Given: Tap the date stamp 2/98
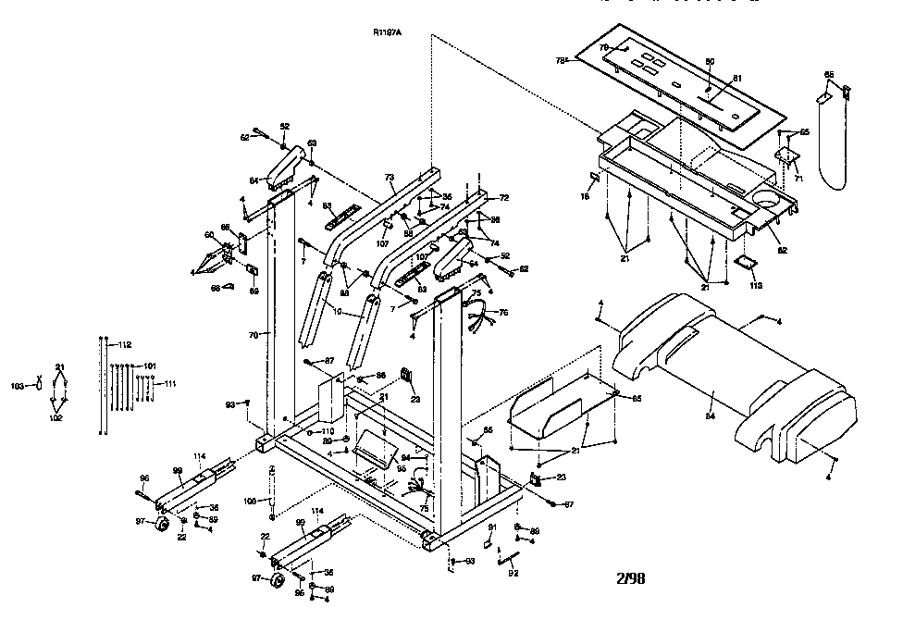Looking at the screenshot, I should point(630,578).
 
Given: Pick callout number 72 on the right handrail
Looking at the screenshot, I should point(503,198).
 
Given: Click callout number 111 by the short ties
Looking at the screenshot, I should point(170,382).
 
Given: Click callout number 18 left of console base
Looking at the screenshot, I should point(585,197).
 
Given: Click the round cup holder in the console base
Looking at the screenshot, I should point(767,199).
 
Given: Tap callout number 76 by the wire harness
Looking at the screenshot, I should point(503,313).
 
